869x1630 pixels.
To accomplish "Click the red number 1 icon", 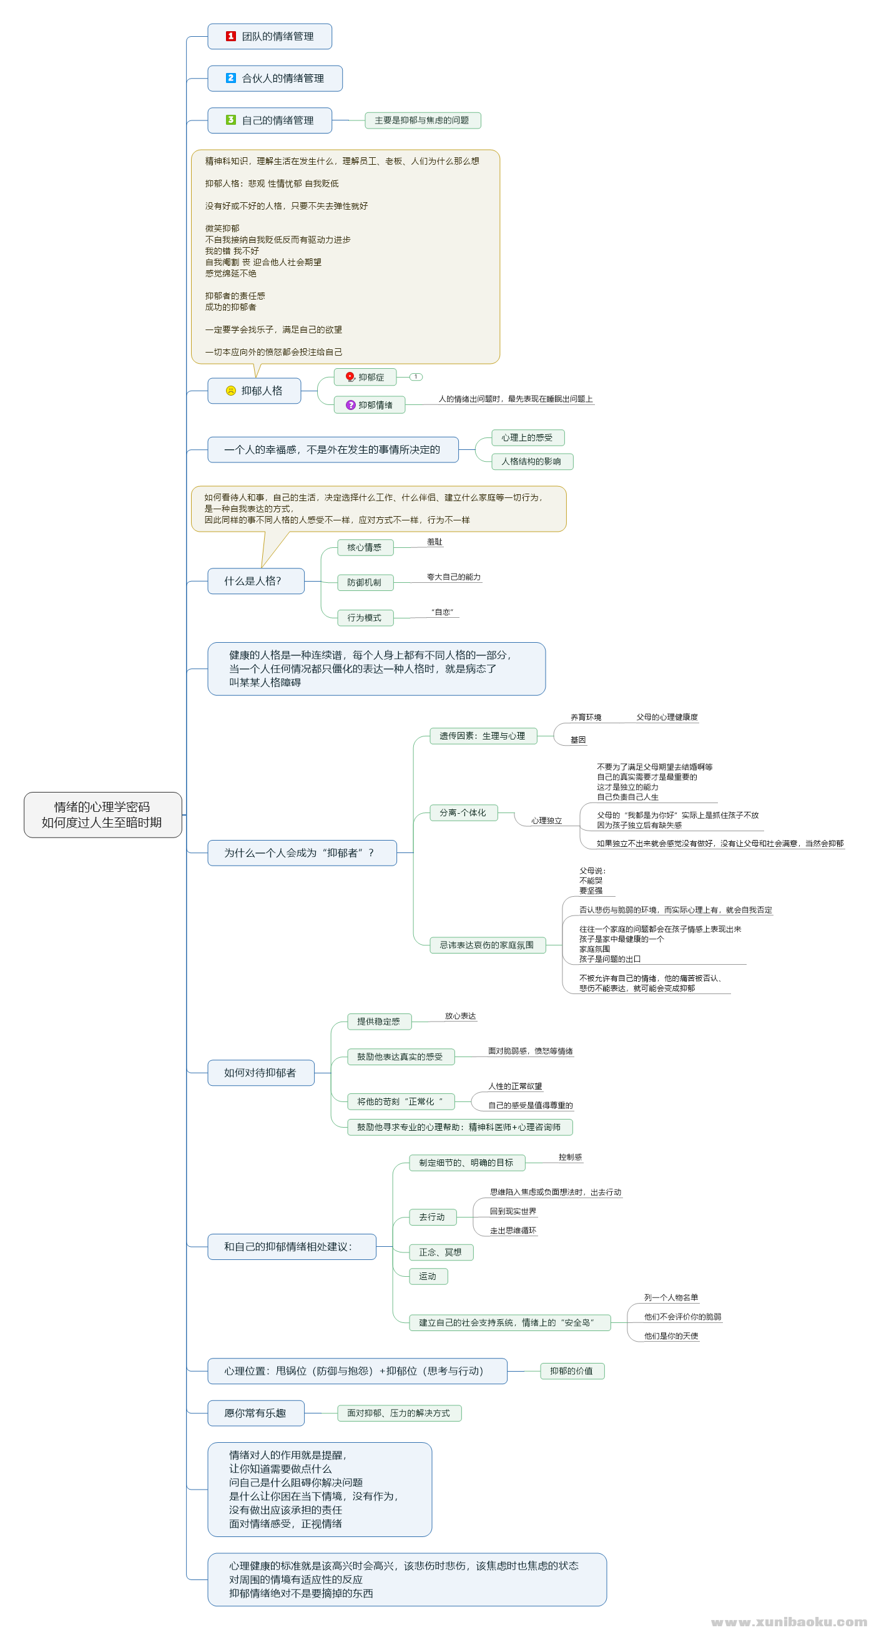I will [x=230, y=36].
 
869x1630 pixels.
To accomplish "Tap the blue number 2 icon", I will [x=230, y=78].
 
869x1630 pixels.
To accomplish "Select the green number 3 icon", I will [x=230, y=120].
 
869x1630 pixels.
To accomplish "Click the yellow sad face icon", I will [x=230, y=391].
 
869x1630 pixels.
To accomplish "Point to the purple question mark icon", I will [x=350, y=405].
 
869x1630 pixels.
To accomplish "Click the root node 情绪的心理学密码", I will [x=102, y=814].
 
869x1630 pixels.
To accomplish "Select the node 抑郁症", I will [x=365, y=377].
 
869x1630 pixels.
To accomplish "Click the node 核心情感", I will [x=365, y=547].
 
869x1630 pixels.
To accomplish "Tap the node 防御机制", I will [x=365, y=582].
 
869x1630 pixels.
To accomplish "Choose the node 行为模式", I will [x=365, y=618].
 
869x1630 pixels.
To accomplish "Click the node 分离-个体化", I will [x=463, y=813].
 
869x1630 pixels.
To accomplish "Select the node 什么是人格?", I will [x=255, y=581].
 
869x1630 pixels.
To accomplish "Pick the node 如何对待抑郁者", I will [x=260, y=1073].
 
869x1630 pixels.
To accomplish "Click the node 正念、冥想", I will [x=440, y=1252].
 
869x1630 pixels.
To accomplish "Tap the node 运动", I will [x=428, y=1276].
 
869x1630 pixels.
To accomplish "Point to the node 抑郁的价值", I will [x=571, y=1370].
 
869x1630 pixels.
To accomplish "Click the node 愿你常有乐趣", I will [x=255, y=1413].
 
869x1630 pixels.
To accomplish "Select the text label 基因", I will [x=578, y=739].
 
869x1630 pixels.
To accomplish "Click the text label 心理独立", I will [x=546, y=821].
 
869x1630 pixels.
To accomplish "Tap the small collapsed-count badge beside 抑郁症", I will [x=416, y=377].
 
